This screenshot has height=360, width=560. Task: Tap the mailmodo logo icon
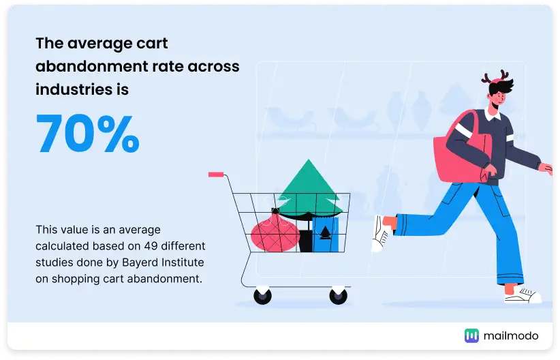point(471,335)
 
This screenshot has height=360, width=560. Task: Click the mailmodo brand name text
point(510,335)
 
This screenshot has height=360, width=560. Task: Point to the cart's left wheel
point(262,296)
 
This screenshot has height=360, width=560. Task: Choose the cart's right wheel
point(338,296)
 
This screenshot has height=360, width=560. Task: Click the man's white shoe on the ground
point(523,295)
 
